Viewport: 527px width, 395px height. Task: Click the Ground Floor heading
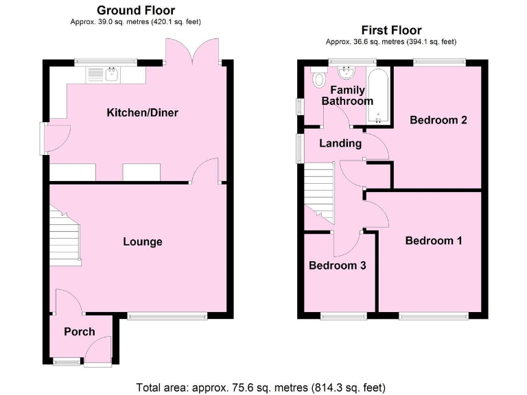[135, 10]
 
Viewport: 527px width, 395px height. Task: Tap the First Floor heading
[391, 30]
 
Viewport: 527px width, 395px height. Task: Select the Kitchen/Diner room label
[142, 112]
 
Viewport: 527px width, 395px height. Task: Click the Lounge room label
[143, 241]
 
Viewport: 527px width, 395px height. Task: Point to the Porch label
[80, 331]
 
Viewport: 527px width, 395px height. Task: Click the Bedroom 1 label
[433, 241]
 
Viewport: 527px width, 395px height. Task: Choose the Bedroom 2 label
[438, 120]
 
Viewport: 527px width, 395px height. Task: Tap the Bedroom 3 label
[337, 265]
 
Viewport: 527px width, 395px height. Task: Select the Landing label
[341, 143]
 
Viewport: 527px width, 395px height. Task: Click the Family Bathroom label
[348, 95]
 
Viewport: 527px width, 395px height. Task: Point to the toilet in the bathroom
[318, 79]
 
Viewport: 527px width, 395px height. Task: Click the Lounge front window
[167, 316]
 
